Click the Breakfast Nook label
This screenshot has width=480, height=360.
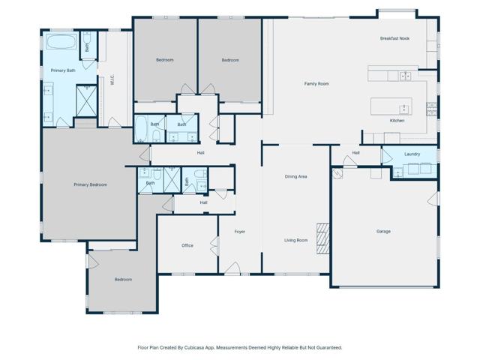point(394,38)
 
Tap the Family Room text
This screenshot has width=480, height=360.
point(316,84)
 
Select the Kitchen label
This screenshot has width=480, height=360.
point(397,120)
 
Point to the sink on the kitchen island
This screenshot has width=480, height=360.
point(403,106)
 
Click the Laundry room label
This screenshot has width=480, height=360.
point(412,154)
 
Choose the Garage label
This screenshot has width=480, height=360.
point(383,231)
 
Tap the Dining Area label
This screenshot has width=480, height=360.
point(295,177)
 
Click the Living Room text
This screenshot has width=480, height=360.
point(295,240)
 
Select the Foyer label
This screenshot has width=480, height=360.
point(239,231)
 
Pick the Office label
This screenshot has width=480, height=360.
point(187,245)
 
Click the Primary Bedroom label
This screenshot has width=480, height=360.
point(90,184)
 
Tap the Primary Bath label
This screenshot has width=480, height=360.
point(63,70)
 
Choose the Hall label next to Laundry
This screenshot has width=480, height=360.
point(355,153)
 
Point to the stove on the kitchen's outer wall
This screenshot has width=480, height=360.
point(432,109)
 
